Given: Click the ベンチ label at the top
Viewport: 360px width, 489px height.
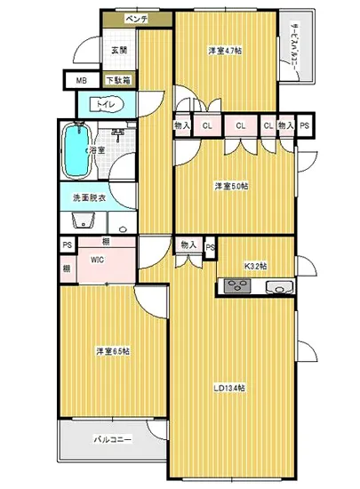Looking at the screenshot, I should (135, 18).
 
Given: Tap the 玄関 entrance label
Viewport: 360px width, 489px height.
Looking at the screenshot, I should (118, 51).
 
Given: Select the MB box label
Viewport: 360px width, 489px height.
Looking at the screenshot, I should (81, 81).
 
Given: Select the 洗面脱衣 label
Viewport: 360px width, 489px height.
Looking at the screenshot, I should (89, 198).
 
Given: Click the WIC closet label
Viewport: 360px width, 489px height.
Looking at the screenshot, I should (98, 261).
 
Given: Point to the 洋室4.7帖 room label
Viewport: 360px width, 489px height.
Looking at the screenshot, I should (226, 51).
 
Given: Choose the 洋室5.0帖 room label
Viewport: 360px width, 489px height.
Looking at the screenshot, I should (229, 186).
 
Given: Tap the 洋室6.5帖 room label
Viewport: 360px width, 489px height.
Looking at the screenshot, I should (113, 351).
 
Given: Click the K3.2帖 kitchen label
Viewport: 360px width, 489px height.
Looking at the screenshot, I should (256, 266).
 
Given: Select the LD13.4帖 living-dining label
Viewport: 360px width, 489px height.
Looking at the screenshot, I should (229, 389).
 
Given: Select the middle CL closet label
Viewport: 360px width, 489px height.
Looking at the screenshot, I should (240, 126).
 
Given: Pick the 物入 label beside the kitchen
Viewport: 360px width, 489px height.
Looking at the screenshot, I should (188, 244).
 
